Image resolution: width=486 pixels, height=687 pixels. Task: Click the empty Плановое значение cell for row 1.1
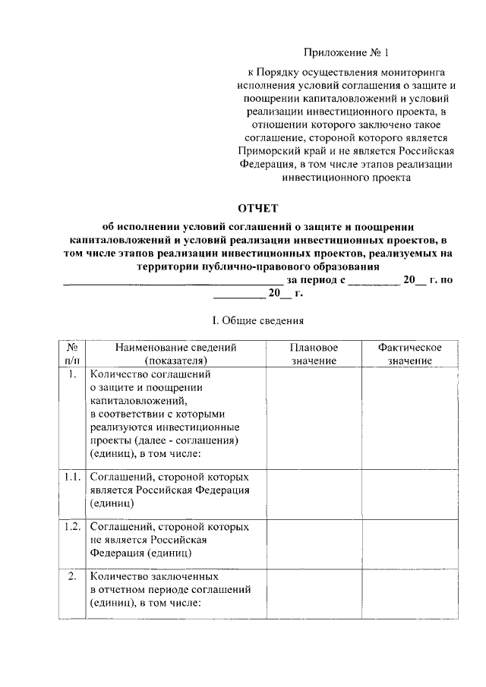[x=313, y=493]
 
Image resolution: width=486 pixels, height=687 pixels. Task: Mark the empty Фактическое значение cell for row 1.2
[x=410, y=543]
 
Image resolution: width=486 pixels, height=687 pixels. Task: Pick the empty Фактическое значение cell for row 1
[x=410, y=418]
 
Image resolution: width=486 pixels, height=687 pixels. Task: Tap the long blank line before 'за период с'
[x=172, y=281]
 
